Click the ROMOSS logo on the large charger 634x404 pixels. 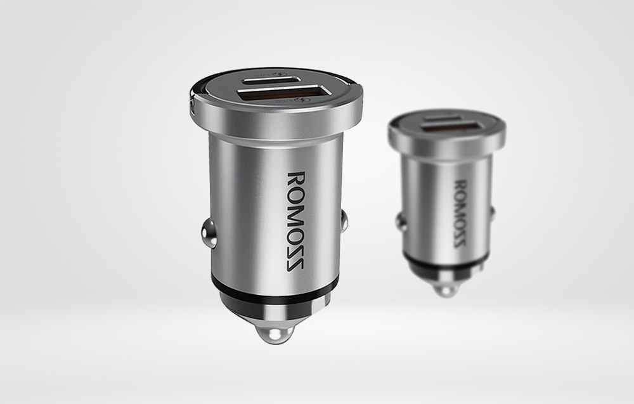coord(295,221)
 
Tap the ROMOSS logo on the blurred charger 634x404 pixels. coord(461,213)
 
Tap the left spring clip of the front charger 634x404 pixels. coord(209,232)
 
